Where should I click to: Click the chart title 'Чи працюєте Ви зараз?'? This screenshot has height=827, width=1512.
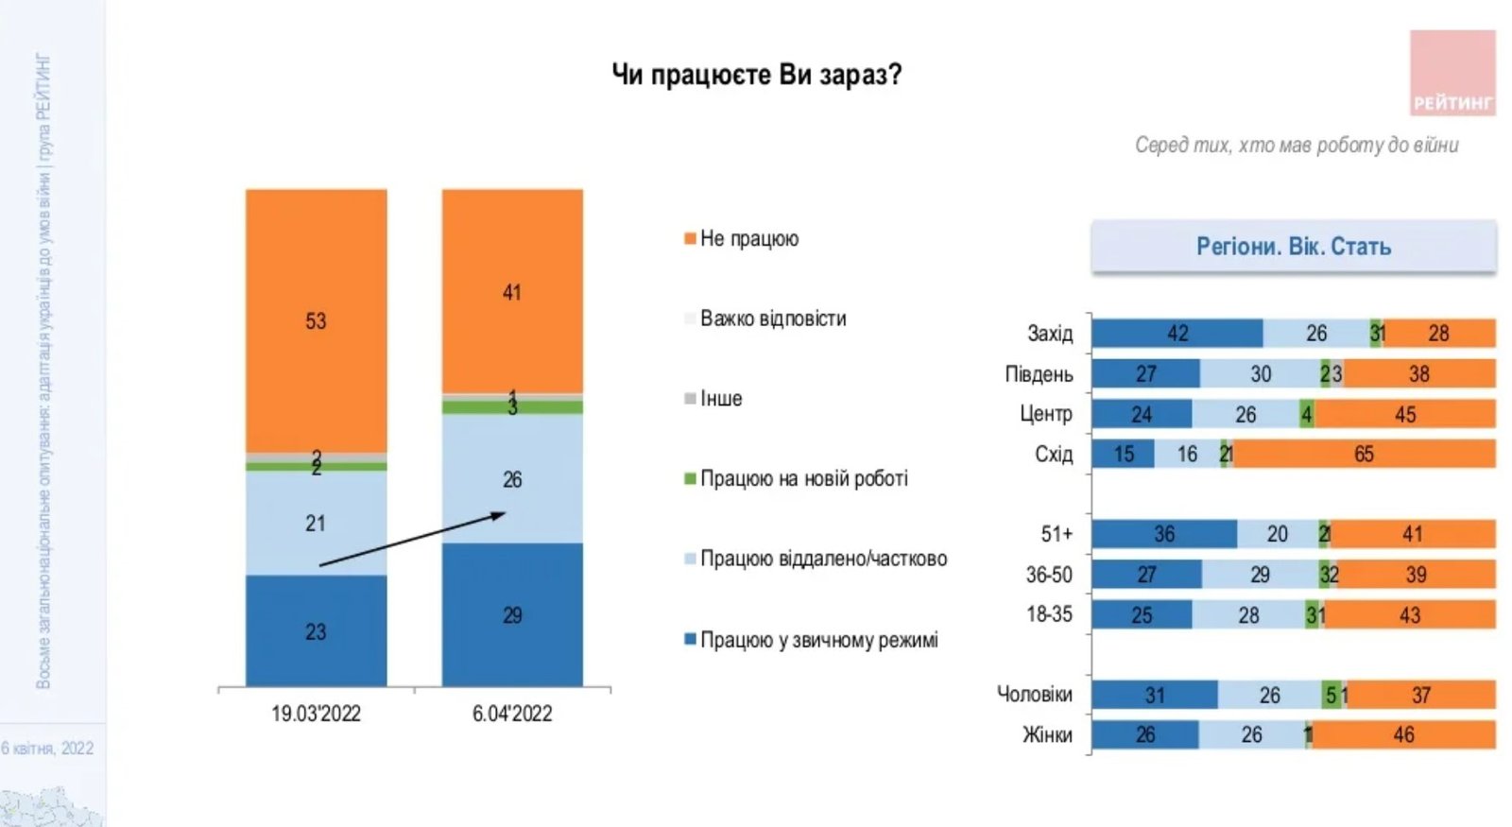756,74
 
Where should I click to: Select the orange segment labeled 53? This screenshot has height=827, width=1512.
316,320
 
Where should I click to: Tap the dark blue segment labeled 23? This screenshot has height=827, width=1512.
316,630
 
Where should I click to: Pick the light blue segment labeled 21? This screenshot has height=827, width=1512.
316,523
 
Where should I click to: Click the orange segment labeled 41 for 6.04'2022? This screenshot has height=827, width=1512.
512,291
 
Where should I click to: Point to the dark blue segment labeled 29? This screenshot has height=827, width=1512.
512,614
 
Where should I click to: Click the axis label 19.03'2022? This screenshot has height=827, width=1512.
316,714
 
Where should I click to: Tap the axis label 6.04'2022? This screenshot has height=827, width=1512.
512,714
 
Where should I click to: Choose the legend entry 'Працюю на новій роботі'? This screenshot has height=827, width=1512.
803,479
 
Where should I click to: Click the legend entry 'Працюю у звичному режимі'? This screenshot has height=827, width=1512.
818,641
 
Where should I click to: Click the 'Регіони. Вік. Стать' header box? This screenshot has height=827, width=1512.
1294,247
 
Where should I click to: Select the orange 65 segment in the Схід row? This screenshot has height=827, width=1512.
1364,454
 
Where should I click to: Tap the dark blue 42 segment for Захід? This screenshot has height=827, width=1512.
1177,334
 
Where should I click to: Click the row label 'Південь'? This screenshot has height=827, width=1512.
1039,374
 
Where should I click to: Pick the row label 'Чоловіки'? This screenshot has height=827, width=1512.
1035,695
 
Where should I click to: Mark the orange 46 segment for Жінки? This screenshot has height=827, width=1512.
1403,734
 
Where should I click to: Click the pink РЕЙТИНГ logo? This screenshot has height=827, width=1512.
1452,73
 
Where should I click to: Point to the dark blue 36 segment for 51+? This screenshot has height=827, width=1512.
1164,534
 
